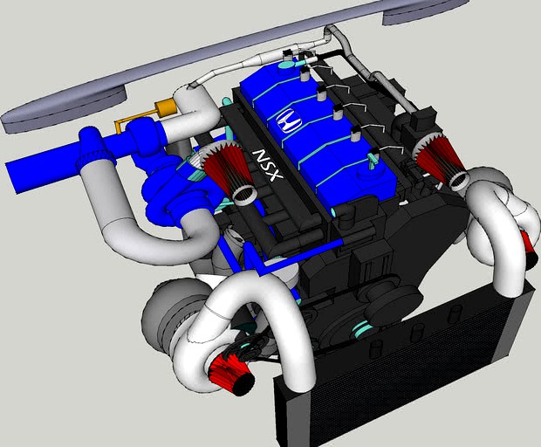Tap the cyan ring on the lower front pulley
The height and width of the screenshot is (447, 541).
[362, 330]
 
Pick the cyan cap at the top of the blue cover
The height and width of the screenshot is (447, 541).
[287, 62]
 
